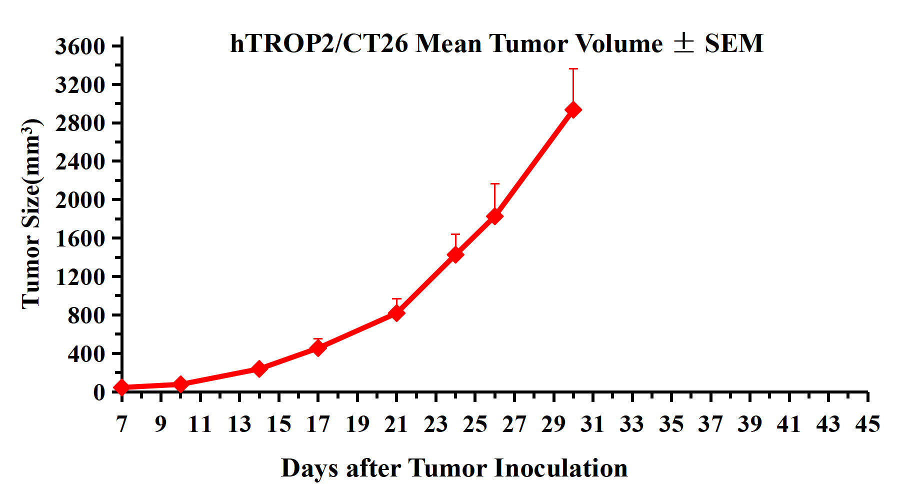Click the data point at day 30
pyautogui.click(x=573, y=110)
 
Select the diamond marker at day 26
pyautogui.click(x=494, y=216)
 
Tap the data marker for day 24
pyautogui.click(x=455, y=254)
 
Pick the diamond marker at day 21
pyautogui.click(x=396, y=313)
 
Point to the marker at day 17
pyautogui.click(x=318, y=347)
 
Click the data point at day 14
pyautogui.click(x=259, y=369)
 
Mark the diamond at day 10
pyautogui.click(x=180, y=384)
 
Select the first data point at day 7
pyautogui.click(x=121, y=387)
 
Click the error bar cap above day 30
pyautogui.click(x=573, y=69)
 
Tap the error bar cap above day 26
pyautogui.click(x=494, y=184)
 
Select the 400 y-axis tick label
pyautogui.click(x=86, y=354)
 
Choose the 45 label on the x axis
pyautogui.click(x=867, y=424)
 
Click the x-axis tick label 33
pyautogui.click(x=632, y=424)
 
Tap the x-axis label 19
pyautogui.click(x=357, y=424)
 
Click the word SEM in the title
pyautogui.click(x=734, y=43)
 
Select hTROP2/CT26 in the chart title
pyautogui.click(x=319, y=43)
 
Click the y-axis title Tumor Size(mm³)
pyautogui.click(x=31, y=214)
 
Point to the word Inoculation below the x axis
pyautogui.click(x=561, y=468)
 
